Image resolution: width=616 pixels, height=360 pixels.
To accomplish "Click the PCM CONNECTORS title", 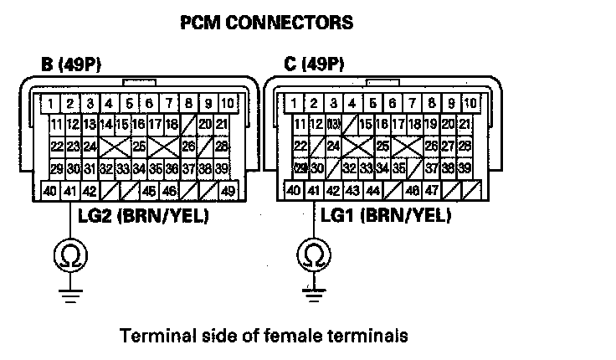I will click(267, 23).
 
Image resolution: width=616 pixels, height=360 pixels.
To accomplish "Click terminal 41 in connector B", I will click(70, 190).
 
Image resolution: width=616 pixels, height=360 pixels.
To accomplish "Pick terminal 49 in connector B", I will click(228, 190).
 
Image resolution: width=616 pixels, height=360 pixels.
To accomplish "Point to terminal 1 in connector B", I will click(52, 104).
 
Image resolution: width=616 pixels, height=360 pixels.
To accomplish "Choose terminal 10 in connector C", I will click(470, 104).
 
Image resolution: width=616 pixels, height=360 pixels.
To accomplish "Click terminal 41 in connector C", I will click(313, 190).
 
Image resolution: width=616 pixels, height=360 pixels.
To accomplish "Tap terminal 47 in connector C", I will click(432, 190).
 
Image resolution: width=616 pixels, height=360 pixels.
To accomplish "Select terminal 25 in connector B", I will click(139, 147).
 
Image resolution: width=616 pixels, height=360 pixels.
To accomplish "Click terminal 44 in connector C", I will click(372, 190).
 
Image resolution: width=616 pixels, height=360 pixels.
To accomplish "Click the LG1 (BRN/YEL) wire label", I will click(386, 216).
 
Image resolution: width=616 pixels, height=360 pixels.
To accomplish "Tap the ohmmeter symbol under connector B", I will click(70, 252).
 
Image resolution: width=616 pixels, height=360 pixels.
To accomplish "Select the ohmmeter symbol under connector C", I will click(313, 252).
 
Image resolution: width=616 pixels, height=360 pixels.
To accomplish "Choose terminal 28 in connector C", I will click(465, 146).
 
